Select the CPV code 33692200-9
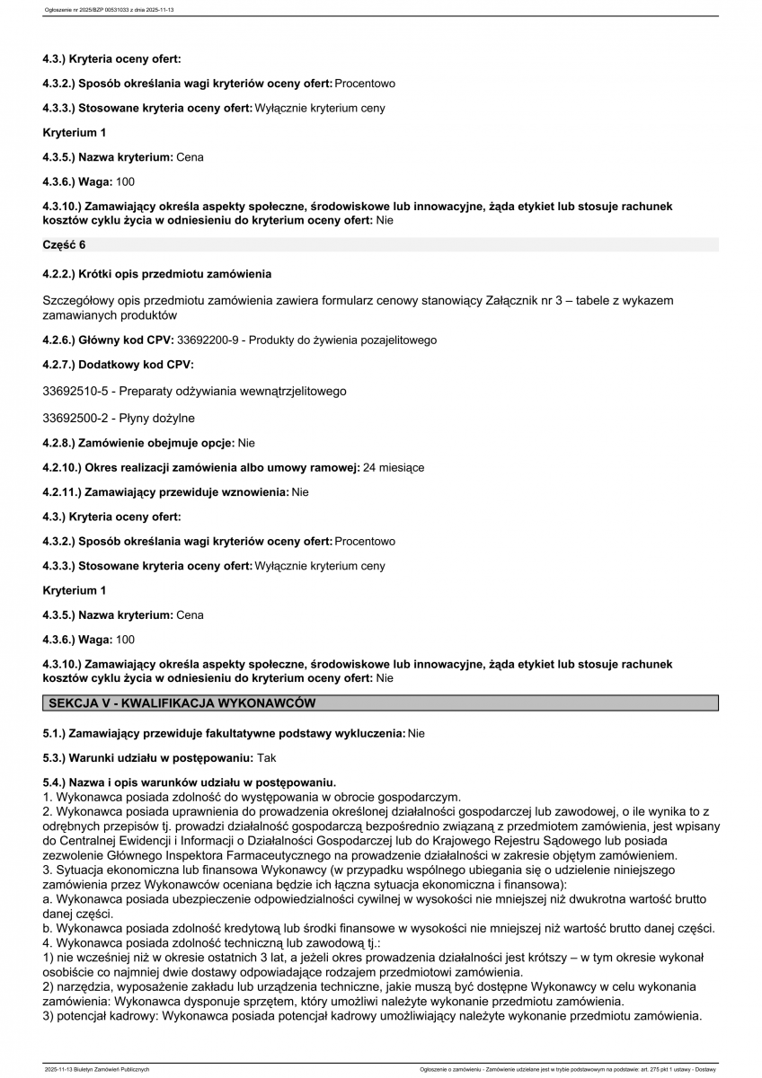pos(209,340)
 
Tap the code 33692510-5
pos(76,392)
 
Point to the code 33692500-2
pos(76,418)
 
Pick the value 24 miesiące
pos(394,468)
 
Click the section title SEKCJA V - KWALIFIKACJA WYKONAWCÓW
pos(182,702)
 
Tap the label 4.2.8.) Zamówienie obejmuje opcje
pos(138,443)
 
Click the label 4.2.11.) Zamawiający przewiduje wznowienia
pos(165,492)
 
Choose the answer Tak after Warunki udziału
pos(267,758)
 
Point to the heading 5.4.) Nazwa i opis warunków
pos(189,783)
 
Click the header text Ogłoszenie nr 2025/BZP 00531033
pos(84,10)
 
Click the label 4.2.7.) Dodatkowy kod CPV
pos(118,366)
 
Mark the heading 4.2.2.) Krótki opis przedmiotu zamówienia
pos(156,273)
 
